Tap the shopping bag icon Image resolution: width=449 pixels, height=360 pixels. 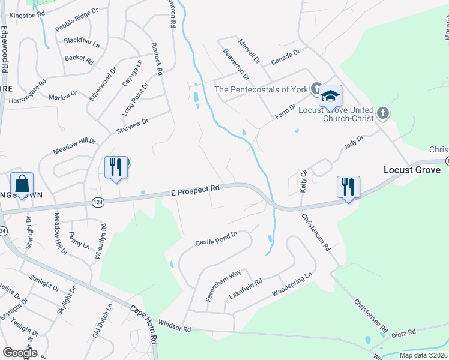pos(22,185)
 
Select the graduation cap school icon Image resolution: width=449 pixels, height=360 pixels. pos(330,96)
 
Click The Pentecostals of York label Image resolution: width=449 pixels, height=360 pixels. pos(261,89)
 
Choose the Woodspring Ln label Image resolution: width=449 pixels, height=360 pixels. pos(292,284)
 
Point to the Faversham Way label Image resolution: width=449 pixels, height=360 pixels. pos(223,289)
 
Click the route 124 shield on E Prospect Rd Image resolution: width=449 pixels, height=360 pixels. pos(97,203)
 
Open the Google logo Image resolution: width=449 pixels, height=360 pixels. pos(20,353)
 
